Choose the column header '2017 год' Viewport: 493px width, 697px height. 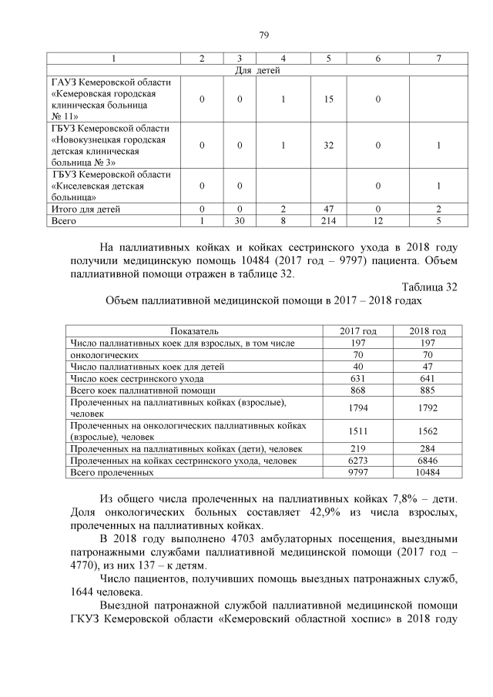358,331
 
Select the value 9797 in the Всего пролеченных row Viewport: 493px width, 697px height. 358,472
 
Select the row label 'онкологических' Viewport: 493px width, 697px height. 105,355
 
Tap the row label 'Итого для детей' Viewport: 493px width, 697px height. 86,209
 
